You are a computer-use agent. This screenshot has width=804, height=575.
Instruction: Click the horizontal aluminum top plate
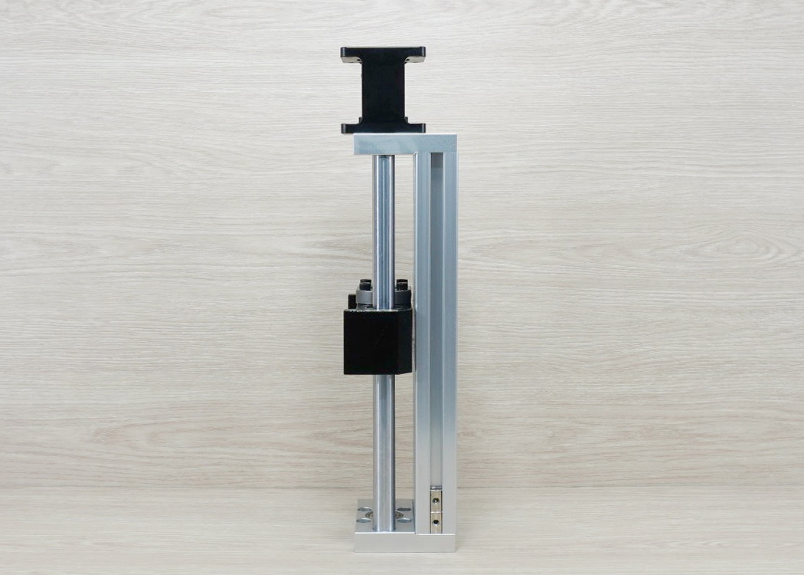tap(404, 144)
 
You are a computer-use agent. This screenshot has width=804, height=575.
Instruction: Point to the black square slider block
tap(377, 340)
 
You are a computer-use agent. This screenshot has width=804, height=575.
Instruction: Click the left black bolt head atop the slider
tap(365, 285)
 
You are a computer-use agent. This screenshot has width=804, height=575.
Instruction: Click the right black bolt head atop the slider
tap(401, 285)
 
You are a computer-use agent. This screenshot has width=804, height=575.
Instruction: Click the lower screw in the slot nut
tap(436, 522)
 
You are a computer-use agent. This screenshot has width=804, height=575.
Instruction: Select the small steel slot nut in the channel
tap(436, 510)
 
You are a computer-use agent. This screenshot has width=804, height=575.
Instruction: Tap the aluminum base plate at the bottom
tap(404, 542)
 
